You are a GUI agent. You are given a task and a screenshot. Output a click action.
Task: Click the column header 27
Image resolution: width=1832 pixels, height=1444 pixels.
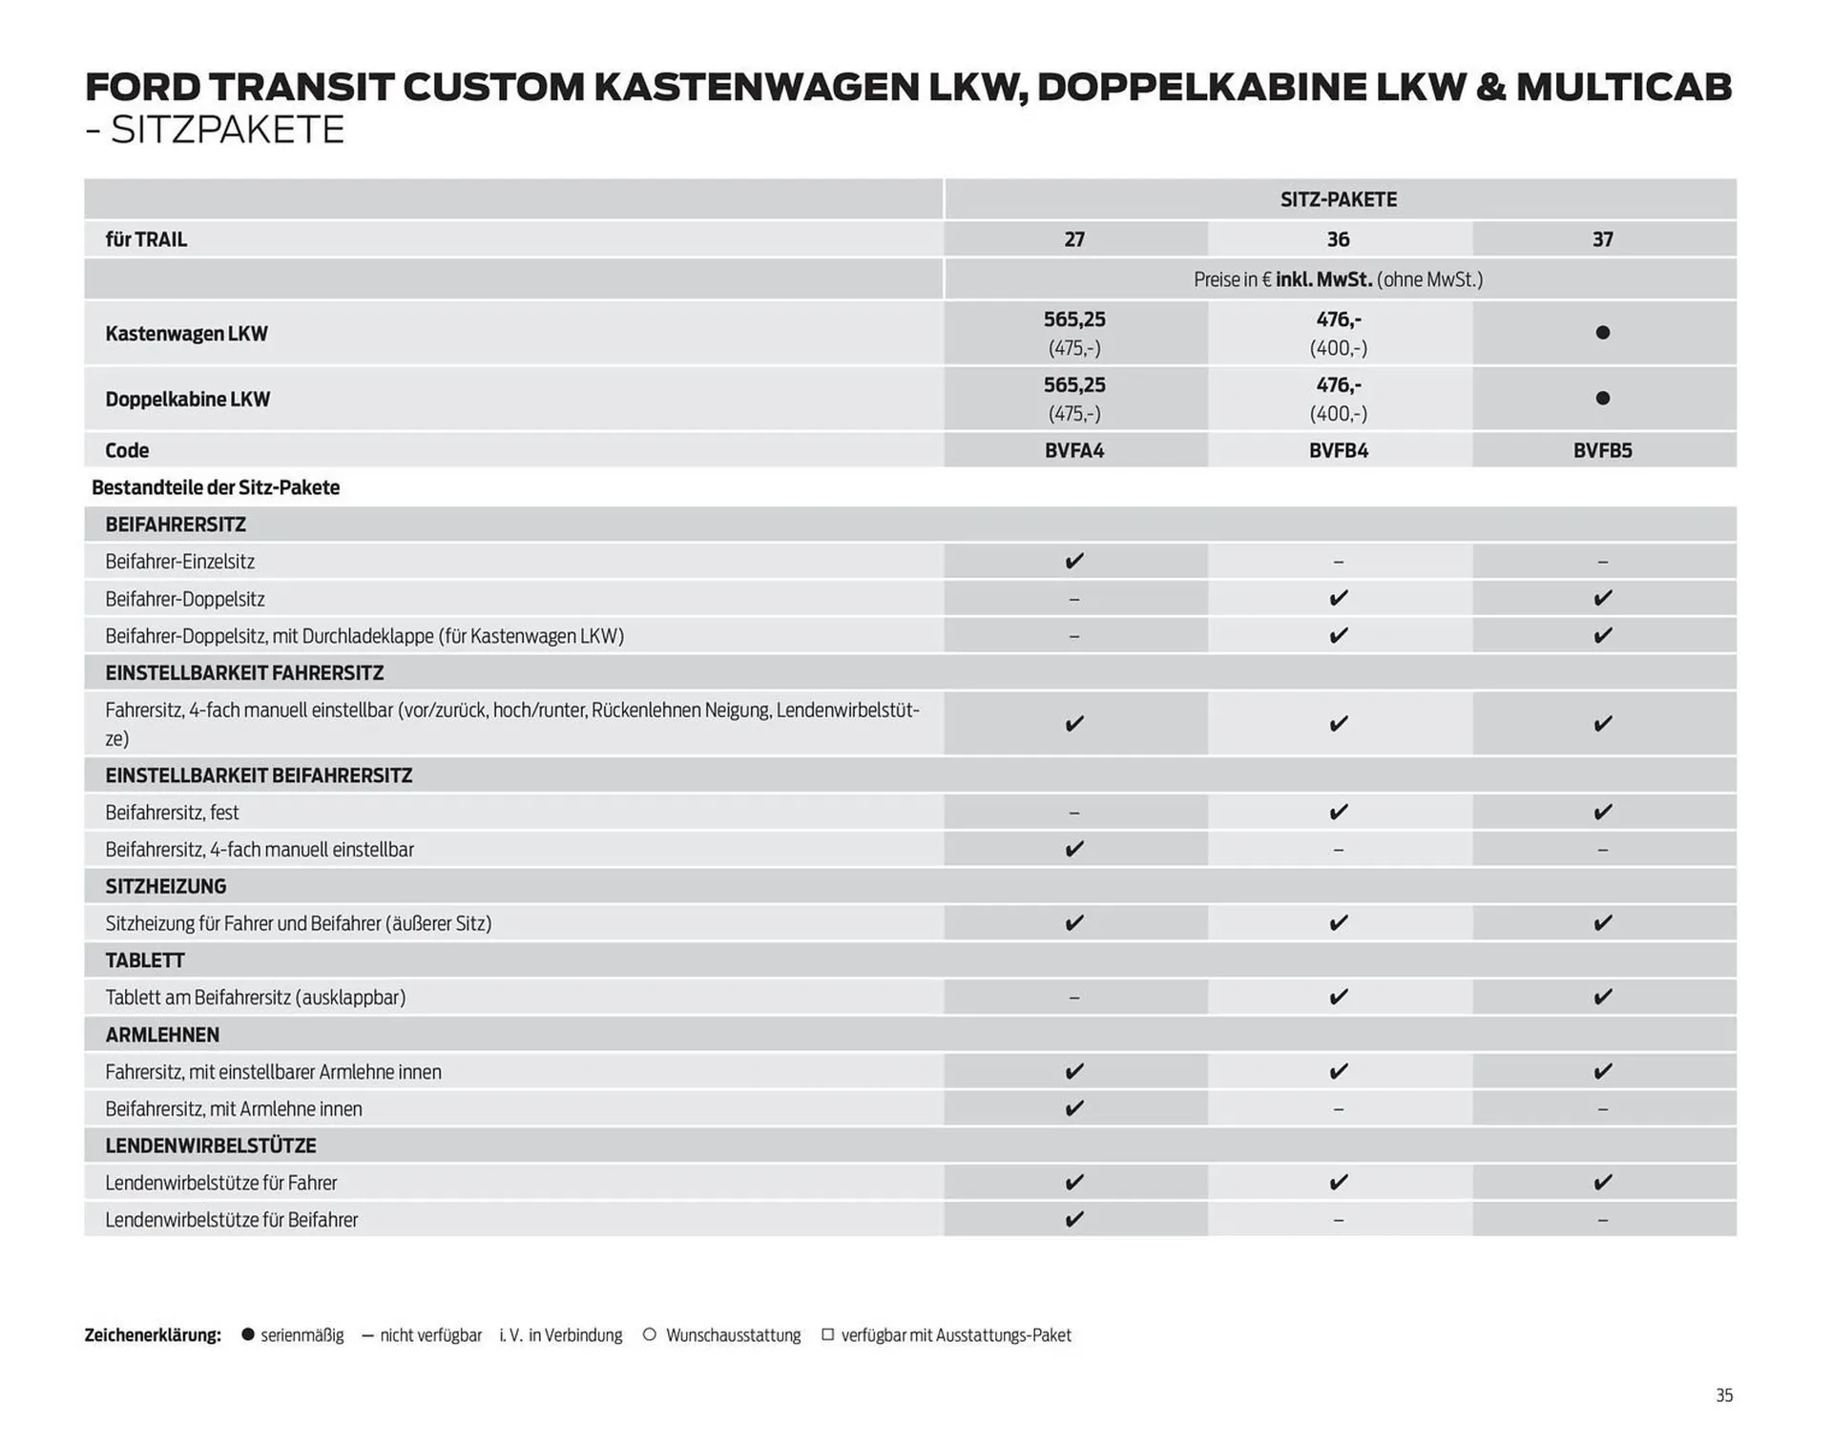tap(1074, 239)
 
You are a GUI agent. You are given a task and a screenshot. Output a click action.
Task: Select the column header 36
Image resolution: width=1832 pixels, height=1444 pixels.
tap(1338, 239)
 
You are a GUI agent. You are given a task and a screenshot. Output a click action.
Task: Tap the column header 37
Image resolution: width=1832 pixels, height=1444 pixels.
tap(1602, 239)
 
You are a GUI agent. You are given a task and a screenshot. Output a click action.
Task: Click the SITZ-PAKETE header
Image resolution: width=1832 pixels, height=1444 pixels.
tap(1338, 199)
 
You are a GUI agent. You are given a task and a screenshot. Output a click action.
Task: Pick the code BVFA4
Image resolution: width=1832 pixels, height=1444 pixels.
tap(1074, 450)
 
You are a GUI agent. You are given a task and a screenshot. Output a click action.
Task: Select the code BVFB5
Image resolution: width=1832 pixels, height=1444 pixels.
tap(1602, 450)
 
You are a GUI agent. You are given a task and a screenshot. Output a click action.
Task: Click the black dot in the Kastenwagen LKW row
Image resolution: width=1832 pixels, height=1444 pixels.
tap(1602, 333)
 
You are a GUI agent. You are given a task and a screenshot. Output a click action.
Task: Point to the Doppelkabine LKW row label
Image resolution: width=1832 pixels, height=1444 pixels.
tap(188, 400)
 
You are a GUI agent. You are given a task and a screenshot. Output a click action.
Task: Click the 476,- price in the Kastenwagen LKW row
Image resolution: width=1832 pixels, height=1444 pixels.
tap(1338, 320)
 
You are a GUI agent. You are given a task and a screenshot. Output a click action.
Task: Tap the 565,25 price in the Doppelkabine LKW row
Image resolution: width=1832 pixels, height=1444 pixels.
tap(1074, 385)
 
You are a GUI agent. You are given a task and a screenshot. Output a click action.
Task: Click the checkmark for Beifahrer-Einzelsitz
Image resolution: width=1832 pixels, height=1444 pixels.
tap(1074, 561)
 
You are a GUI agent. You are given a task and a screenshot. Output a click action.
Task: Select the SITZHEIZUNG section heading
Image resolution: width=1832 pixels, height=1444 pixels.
tap(166, 886)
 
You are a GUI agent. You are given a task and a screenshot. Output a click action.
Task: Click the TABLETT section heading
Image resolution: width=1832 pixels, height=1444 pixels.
tap(145, 960)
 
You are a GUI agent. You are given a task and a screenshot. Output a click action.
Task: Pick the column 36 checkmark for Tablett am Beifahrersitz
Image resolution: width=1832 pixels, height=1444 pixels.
tap(1338, 997)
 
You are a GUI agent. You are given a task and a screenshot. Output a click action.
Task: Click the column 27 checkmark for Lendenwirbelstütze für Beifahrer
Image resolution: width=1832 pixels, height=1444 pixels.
tap(1074, 1219)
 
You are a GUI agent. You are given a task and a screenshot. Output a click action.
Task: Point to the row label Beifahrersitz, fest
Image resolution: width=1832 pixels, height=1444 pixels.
tap(172, 813)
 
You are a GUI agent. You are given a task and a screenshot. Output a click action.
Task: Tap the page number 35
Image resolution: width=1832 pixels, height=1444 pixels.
tap(1723, 1395)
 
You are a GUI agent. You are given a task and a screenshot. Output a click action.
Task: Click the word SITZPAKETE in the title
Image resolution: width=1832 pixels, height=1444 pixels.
tap(227, 130)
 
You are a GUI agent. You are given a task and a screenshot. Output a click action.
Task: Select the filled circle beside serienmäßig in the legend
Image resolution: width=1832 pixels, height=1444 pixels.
tap(248, 1334)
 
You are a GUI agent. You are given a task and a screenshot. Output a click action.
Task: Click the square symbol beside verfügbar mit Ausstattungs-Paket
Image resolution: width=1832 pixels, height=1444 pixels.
tap(827, 1334)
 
